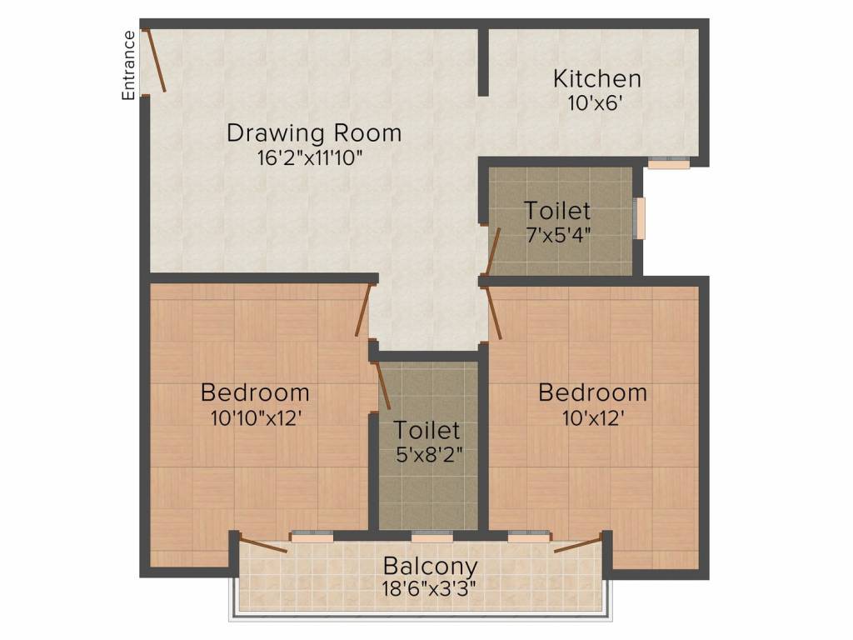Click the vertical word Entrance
click(x=129, y=65)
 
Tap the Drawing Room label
click(x=314, y=132)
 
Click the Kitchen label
click(x=597, y=79)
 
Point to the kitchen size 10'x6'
click(x=597, y=102)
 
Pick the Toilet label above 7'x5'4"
click(x=557, y=211)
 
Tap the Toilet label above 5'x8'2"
click(x=426, y=431)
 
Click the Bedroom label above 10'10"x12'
click(x=255, y=392)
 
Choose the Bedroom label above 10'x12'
click(x=592, y=392)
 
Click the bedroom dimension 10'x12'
click(x=592, y=417)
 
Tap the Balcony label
click(x=430, y=567)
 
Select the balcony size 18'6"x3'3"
click(x=430, y=589)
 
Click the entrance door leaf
click(x=156, y=60)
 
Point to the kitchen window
click(x=669, y=164)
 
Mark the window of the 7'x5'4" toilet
click(x=640, y=218)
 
